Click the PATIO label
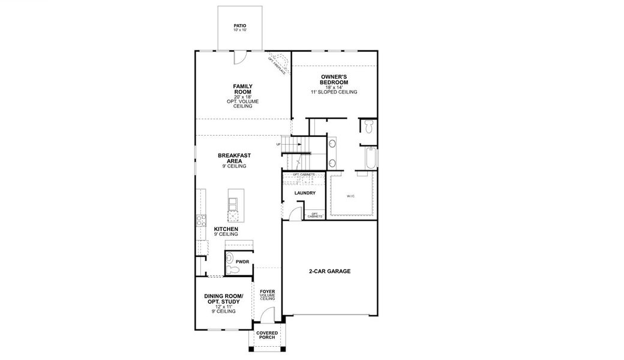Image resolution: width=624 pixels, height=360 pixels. pyautogui.click(x=239, y=26)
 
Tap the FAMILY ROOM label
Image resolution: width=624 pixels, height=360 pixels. pyautogui.click(x=242, y=89)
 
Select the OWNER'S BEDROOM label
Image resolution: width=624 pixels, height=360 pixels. pyautogui.click(x=335, y=79)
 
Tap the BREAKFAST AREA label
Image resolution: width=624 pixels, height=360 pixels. pyautogui.click(x=234, y=158)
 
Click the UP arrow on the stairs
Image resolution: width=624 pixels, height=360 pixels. pyautogui.click(x=278, y=145)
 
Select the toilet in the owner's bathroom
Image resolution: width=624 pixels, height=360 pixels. pyautogui.click(x=368, y=126)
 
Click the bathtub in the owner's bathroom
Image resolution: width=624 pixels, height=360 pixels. pyautogui.click(x=369, y=159)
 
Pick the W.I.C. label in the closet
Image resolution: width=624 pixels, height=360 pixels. pyautogui.click(x=351, y=196)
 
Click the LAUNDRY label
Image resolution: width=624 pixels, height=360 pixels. pyautogui.click(x=305, y=193)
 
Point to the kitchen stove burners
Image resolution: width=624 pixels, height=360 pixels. pyautogui.click(x=200, y=220)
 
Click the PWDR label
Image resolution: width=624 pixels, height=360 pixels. pyautogui.click(x=242, y=262)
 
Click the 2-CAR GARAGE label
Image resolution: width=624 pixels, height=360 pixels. pyautogui.click(x=330, y=271)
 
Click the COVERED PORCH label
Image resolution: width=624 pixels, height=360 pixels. pyautogui.click(x=266, y=335)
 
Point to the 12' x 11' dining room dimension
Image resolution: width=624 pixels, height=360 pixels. pyautogui.click(x=223, y=307)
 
